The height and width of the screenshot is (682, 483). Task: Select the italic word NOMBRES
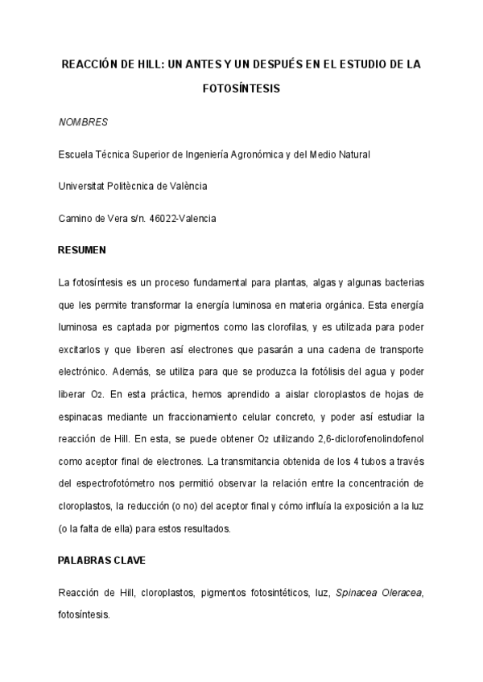pos(84,122)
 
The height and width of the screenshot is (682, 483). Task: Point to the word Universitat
pos(82,186)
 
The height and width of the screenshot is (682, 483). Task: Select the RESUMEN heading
pos(82,250)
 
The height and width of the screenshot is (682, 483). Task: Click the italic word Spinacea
pos(357,593)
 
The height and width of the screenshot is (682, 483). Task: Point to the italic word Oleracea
pos(402,593)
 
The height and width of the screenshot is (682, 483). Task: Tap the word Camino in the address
pos(75,218)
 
